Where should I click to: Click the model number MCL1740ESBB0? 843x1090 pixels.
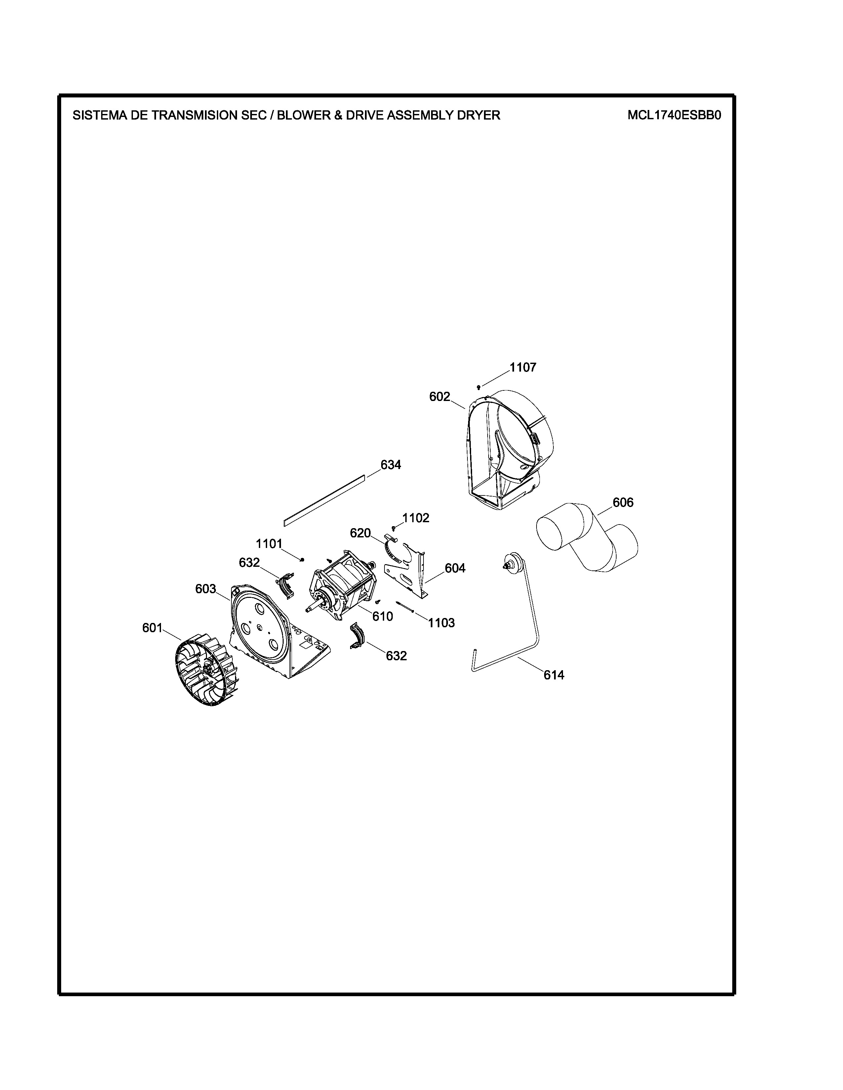point(674,115)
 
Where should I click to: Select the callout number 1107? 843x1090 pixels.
point(523,367)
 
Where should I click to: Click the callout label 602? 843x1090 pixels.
point(439,397)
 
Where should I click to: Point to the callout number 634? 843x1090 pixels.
point(390,465)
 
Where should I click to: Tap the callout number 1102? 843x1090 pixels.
point(416,518)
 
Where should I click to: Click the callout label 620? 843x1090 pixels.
point(360,533)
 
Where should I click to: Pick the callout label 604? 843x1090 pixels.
point(455,568)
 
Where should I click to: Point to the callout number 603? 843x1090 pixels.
point(205,589)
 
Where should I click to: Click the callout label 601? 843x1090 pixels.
point(152,628)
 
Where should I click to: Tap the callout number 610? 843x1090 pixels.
point(382,616)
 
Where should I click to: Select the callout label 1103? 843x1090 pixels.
point(441,623)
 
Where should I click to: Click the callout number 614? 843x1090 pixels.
point(554,675)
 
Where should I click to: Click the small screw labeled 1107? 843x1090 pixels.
point(478,387)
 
